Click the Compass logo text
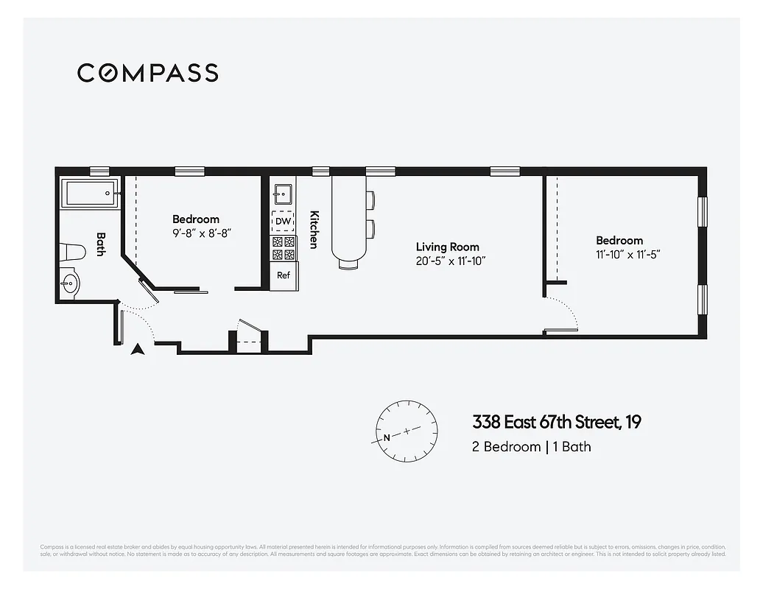[x=147, y=73]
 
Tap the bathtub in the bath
[x=91, y=194]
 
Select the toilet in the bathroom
[x=74, y=251]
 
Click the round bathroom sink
[x=71, y=283]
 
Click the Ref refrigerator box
[x=284, y=275]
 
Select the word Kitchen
[x=314, y=229]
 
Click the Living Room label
[x=447, y=247]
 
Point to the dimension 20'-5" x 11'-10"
[x=450, y=261]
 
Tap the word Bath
[x=101, y=244]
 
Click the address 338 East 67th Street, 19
[x=556, y=423]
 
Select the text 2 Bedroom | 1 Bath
[x=531, y=446]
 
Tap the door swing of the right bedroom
[x=562, y=313]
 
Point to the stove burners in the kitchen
[x=284, y=248]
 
